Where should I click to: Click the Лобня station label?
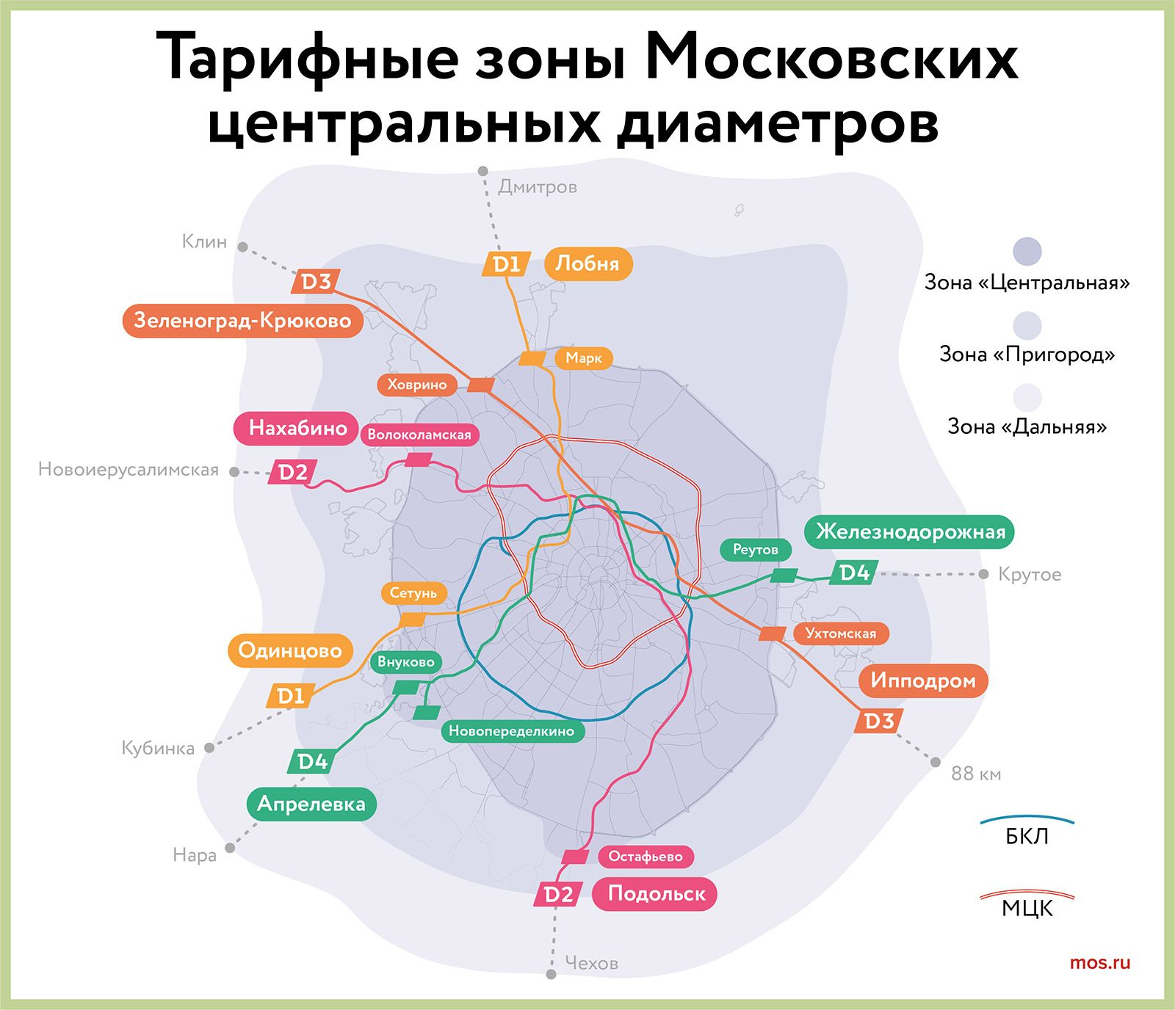(x=587, y=264)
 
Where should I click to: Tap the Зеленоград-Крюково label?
(x=242, y=321)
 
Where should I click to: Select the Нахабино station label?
(x=297, y=428)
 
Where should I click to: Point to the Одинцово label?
(x=290, y=650)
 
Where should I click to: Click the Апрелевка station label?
(x=311, y=804)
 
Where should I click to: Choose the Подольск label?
(x=655, y=893)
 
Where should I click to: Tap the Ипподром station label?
(x=922, y=680)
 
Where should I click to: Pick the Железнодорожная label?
(x=910, y=531)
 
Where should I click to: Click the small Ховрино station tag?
(x=416, y=385)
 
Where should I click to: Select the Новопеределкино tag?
(x=512, y=731)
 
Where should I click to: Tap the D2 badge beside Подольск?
(x=558, y=894)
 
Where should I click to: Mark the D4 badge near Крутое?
(x=854, y=573)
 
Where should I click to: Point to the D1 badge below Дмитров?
(x=506, y=264)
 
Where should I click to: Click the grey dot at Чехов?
(x=551, y=974)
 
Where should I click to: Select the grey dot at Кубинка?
(x=209, y=748)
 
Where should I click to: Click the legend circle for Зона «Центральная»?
(x=1027, y=252)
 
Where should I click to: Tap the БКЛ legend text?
(x=1027, y=837)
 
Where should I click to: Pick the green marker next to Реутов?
(x=784, y=575)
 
